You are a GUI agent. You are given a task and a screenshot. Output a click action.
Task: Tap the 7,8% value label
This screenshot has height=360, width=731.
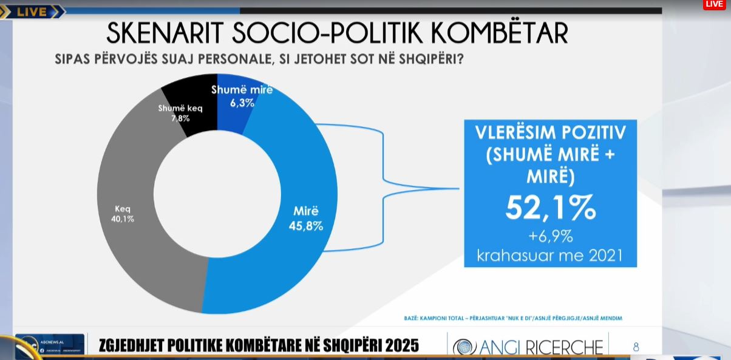tap(180, 118)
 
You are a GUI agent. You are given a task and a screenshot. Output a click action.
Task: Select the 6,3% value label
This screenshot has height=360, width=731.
tap(242, 103)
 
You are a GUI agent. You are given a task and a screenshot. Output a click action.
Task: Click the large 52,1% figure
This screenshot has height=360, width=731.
tap(551, 208)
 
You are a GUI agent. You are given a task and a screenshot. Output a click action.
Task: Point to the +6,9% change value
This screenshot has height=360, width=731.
tap(550, 235)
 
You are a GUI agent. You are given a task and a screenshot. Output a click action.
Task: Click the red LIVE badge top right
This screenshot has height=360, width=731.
tap(715, 4)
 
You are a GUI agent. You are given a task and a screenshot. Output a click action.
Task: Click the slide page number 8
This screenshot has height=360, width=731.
tap(636, 347)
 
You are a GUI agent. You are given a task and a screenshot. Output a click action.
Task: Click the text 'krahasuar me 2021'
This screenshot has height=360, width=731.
tap(550, 254)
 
